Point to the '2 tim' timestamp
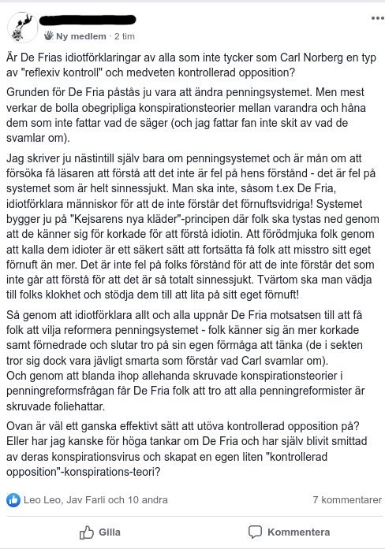[125, 36]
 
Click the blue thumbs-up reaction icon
[13, 499]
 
